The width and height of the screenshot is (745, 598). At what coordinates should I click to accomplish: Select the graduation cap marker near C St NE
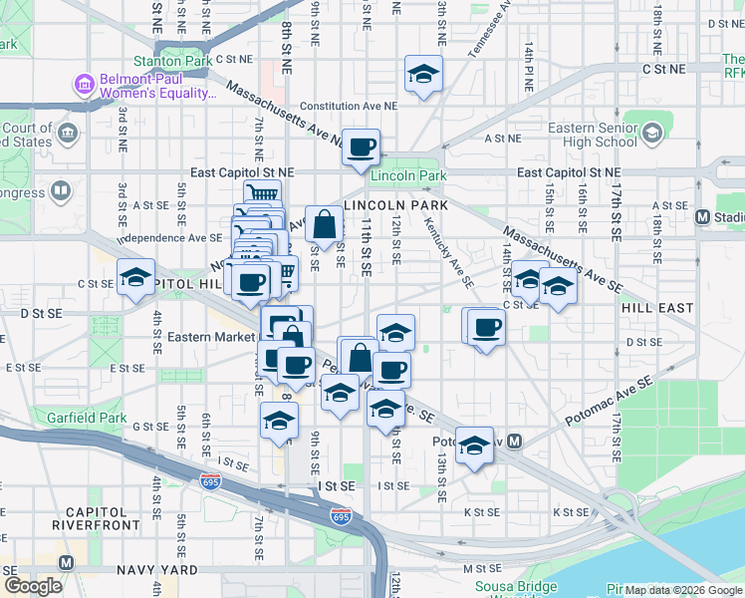click(x=423, y=75)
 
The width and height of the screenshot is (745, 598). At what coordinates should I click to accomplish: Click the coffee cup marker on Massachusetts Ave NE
click(x=362, y=148)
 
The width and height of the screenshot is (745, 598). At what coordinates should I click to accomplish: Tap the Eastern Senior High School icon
click(x=651, y=133)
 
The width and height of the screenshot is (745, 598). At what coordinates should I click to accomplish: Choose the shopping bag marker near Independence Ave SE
click(x=325, y=224)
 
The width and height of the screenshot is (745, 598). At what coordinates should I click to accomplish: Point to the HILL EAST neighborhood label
click(x=656, y=308)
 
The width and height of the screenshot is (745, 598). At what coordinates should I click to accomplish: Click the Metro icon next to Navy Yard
click(x=66, y=562)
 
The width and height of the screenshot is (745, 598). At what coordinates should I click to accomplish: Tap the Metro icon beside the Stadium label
click(x=701, y=216)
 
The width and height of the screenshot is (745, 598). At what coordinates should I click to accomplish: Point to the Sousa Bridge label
click(x=514, y=586)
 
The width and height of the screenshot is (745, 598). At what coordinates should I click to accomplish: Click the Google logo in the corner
click(x=33, y=586)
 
